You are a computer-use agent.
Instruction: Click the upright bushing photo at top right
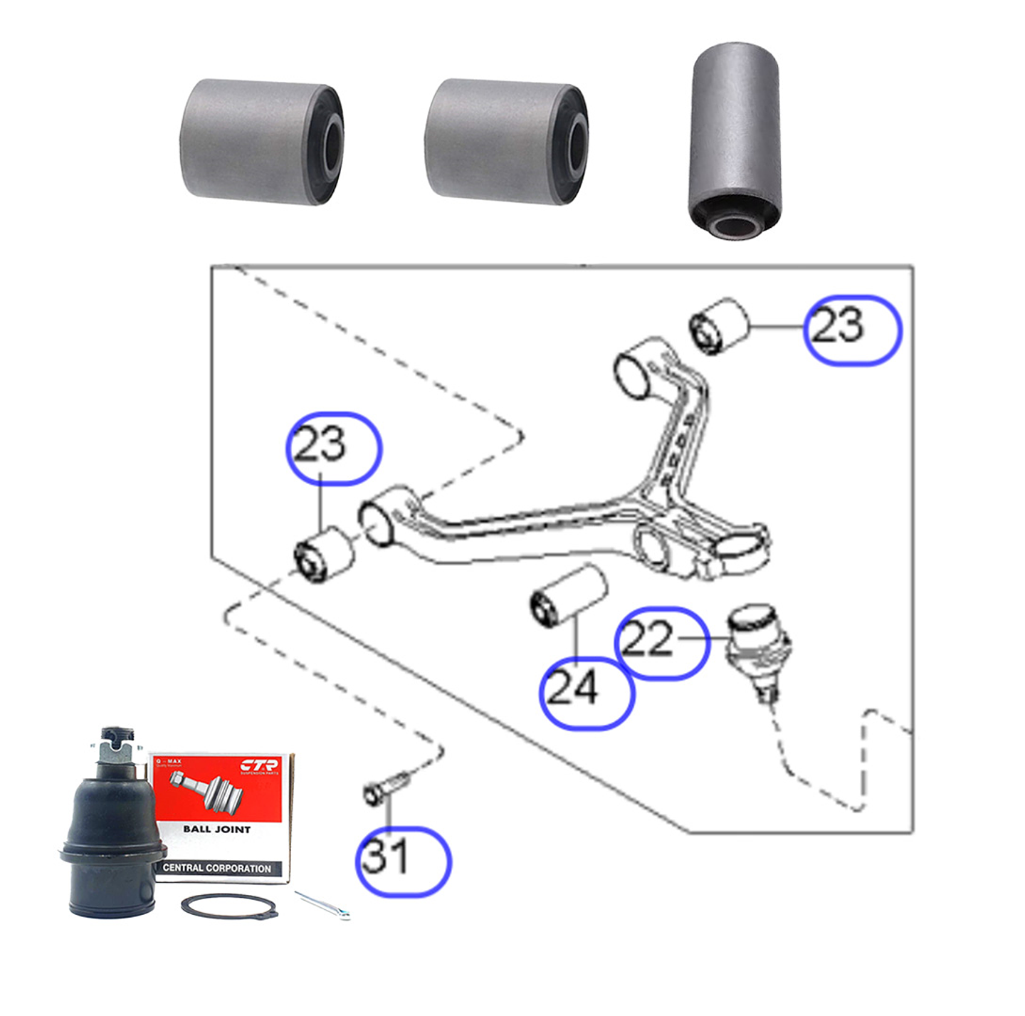tap(735, 139)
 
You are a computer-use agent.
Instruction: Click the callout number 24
tap(574, 689)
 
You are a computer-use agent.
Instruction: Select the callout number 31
tap(386, 857)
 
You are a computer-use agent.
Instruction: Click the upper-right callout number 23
tap(839, 326)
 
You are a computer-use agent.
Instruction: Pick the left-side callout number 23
tap(320, 445)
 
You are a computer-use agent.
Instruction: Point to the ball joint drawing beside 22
tap(759, 648)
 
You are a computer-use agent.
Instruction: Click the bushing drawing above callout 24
tap(569, 597)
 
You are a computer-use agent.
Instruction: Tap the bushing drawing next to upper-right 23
tap(720, 325)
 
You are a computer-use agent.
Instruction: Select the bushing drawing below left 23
tap(324, 553)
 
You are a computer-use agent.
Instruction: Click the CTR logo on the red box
tap(259, 767)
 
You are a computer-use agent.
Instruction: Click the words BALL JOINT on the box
tap(216, 829)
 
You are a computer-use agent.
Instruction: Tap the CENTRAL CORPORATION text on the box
tap(216, 868)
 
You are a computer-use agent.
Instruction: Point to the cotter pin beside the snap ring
tap(322, 905)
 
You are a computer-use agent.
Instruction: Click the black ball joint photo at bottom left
tap(110, 847)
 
